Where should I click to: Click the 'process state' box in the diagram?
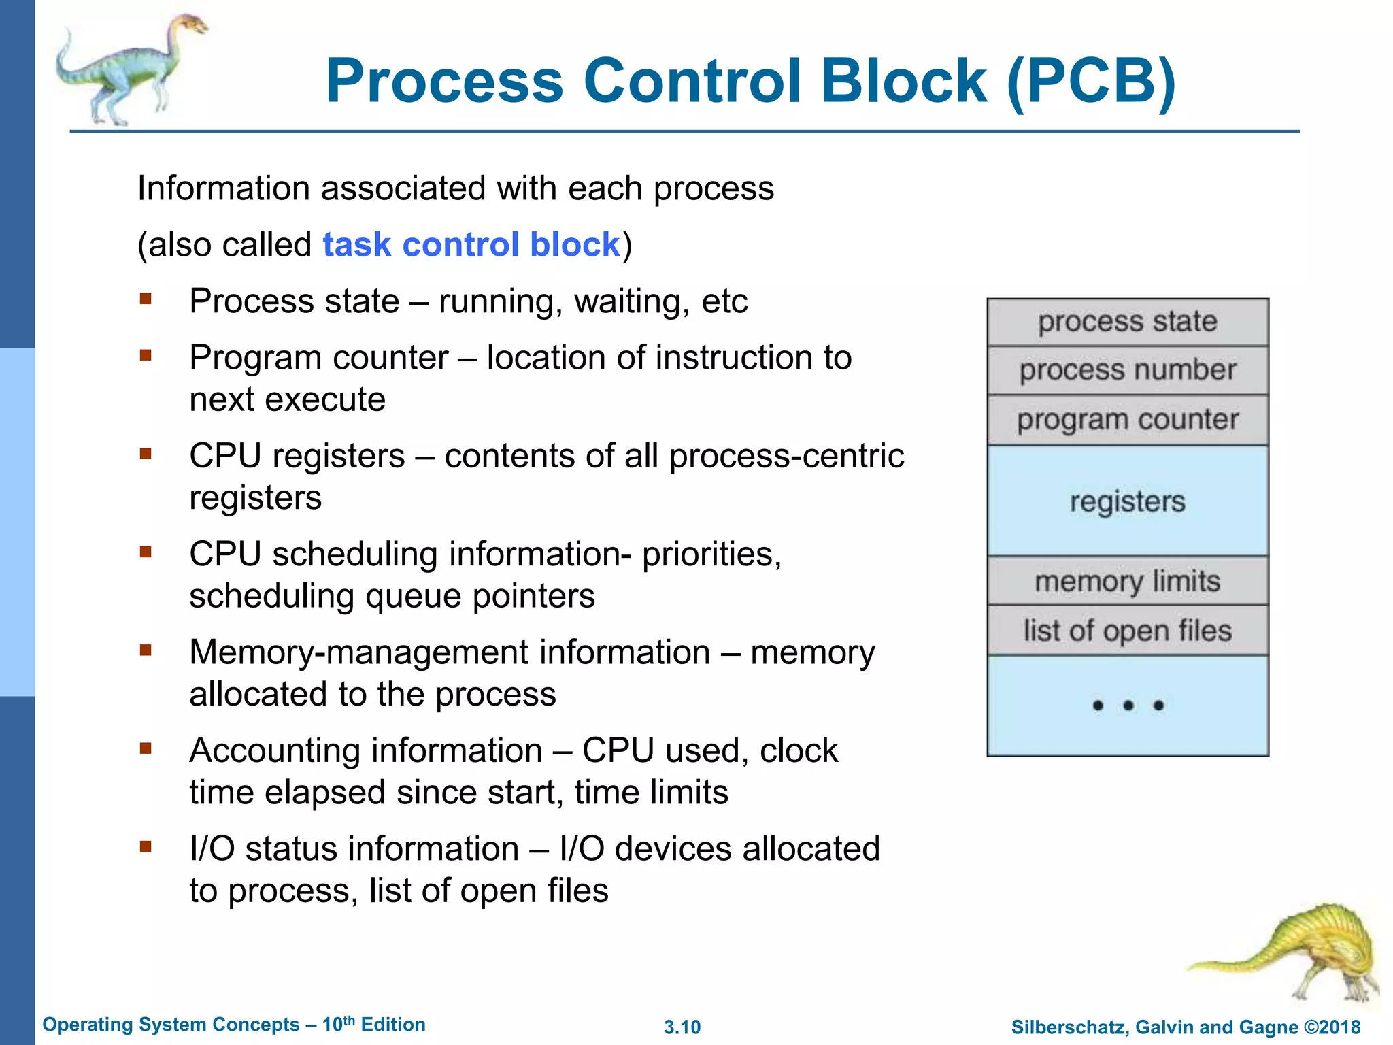pos(1127,322)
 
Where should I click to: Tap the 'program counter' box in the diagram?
pos(1127,420)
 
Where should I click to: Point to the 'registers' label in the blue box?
pos(1127,501)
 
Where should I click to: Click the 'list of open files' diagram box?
pos(1127,631)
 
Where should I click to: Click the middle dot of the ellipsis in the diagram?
pos(1128,706)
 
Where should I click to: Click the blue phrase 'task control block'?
pos(471,245)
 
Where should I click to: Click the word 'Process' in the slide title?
pos(444,82)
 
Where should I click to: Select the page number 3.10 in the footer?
pos(682,1027)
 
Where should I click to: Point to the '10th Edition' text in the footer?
pos(373,1025)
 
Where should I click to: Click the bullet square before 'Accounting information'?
pos(145,749)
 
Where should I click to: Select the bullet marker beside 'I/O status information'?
pos(145,847)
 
